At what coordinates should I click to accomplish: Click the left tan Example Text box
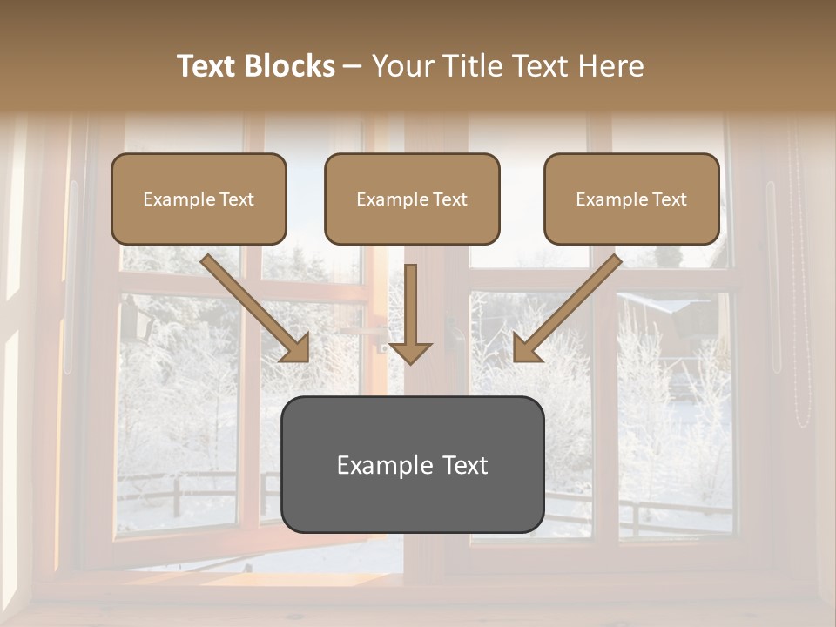199,199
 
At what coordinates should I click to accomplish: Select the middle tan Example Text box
412,199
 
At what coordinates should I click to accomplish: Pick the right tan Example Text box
631,199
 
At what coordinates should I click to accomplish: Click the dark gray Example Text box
413,465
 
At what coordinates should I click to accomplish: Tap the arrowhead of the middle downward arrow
410,353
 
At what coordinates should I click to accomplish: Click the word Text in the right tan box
670,199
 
